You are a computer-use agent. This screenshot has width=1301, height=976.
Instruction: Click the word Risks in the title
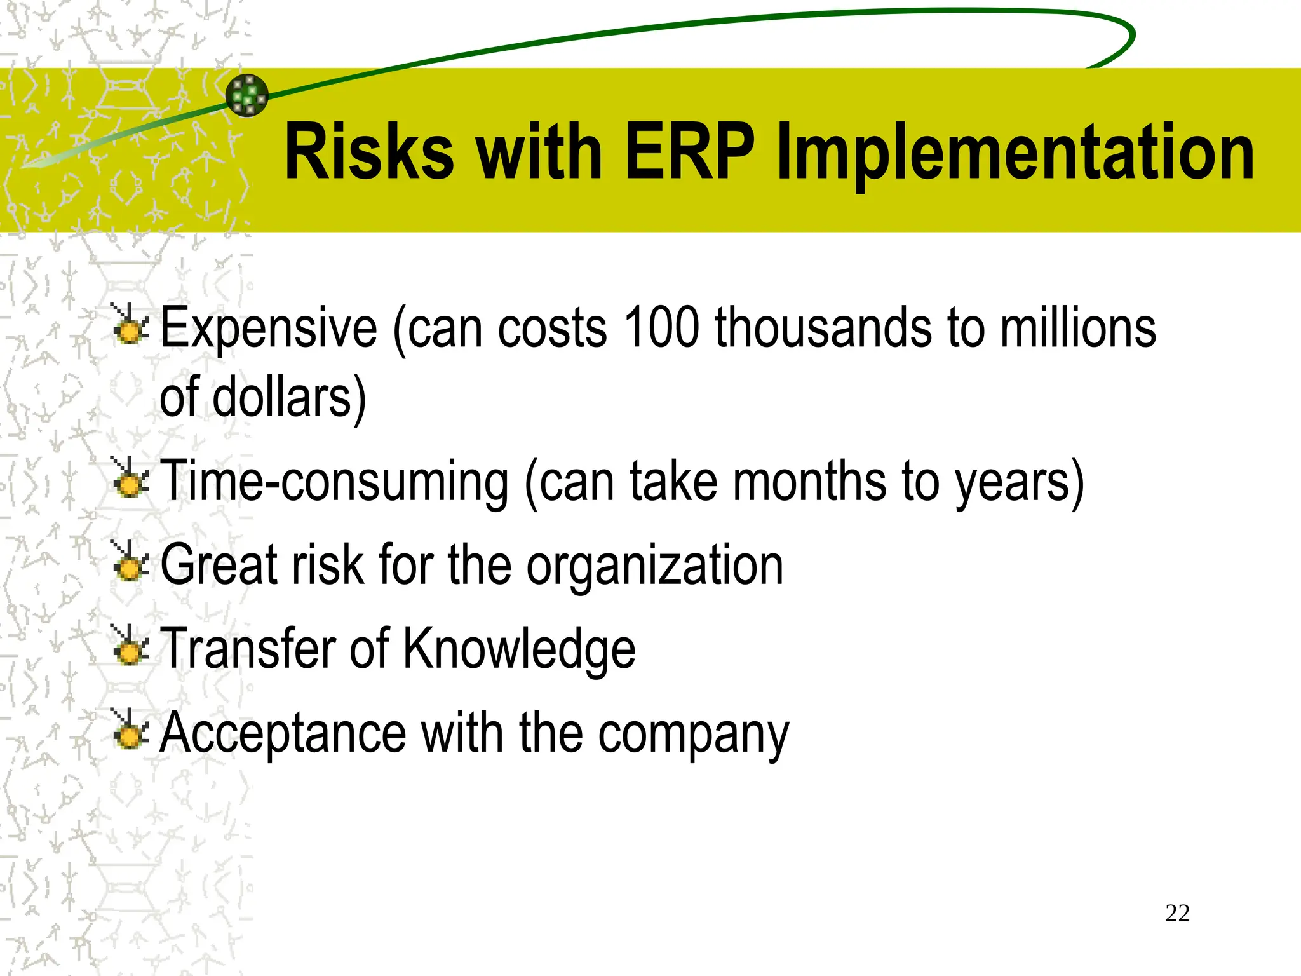369,152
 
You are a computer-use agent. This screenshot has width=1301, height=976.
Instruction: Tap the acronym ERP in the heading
689,152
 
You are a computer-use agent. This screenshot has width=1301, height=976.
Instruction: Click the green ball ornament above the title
247,95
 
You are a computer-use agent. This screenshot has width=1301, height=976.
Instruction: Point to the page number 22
1177,913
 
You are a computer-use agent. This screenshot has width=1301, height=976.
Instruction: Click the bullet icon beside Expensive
130,327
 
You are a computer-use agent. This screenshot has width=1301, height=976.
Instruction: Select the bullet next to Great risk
130,564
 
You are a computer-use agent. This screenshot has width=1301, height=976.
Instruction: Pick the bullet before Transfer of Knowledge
130,647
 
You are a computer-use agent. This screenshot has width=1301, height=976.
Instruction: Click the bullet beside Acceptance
130,731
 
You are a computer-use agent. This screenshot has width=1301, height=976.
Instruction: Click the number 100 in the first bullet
661,328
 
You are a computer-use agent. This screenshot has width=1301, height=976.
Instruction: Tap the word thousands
823,328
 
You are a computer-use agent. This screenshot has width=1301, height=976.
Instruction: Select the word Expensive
269,329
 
